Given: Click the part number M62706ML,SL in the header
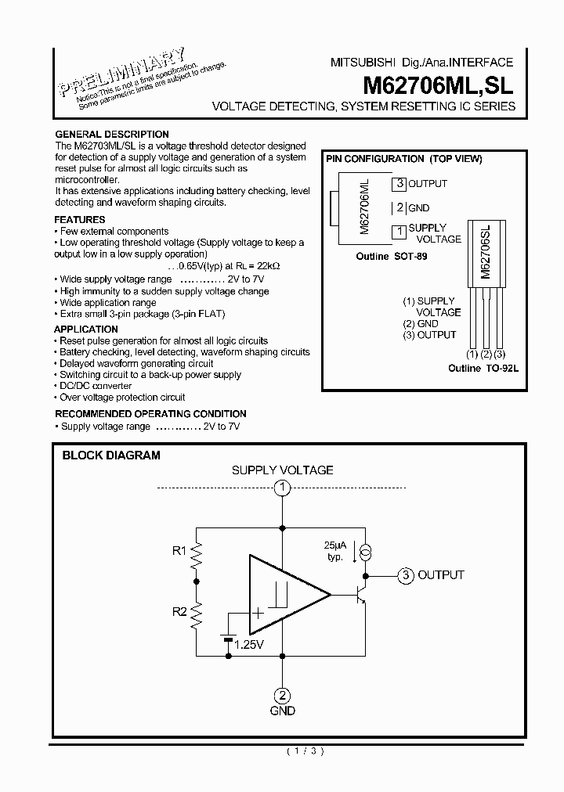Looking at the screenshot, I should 438,84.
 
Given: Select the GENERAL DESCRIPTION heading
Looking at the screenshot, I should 112,134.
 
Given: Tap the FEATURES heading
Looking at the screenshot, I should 80,220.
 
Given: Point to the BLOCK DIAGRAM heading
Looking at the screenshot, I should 111,455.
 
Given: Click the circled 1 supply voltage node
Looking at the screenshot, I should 282,488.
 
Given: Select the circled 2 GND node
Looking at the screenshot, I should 282,694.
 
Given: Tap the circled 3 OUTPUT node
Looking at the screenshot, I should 405,575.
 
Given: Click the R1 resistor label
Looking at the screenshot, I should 179,551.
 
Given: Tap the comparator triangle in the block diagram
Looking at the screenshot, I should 286,596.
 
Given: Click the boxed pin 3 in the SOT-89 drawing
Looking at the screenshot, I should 399,184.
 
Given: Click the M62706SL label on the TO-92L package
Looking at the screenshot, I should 486,252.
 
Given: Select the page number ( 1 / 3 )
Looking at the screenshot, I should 304,751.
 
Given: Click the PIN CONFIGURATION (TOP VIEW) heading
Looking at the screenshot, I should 403,158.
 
